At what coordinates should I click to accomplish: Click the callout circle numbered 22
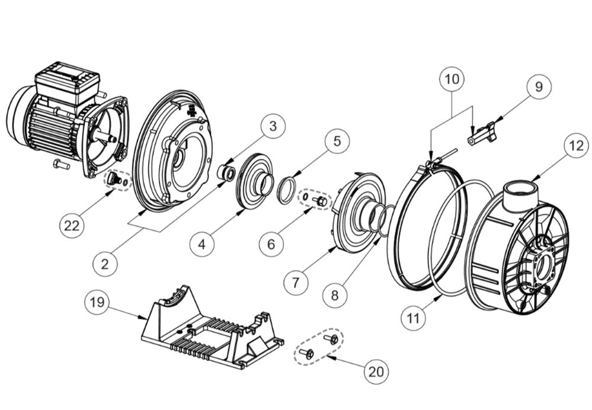coord(72,226)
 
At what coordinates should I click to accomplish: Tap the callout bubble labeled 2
coord(105,264)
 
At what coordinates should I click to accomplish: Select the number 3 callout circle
coord(273,126)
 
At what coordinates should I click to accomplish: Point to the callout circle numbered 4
coord(202,244)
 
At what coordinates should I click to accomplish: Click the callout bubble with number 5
coord(337,141)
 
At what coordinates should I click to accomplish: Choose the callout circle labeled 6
coord(271,244)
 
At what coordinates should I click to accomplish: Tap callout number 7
coord(296,282)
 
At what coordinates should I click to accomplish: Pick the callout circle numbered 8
coord(335,295)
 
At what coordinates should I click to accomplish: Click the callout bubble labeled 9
coord(539,87)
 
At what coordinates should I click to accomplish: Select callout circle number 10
coord(452,79)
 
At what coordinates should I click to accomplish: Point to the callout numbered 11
coord(413,318)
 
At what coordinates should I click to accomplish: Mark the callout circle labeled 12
coord(576,145)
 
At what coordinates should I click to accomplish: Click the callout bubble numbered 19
coord(97,302)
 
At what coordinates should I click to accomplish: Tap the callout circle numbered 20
coord(376,372)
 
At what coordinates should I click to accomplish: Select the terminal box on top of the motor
coord(67,83)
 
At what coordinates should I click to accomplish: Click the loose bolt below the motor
coord(62,165)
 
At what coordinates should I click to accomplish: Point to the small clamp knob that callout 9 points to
coord(482,133)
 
